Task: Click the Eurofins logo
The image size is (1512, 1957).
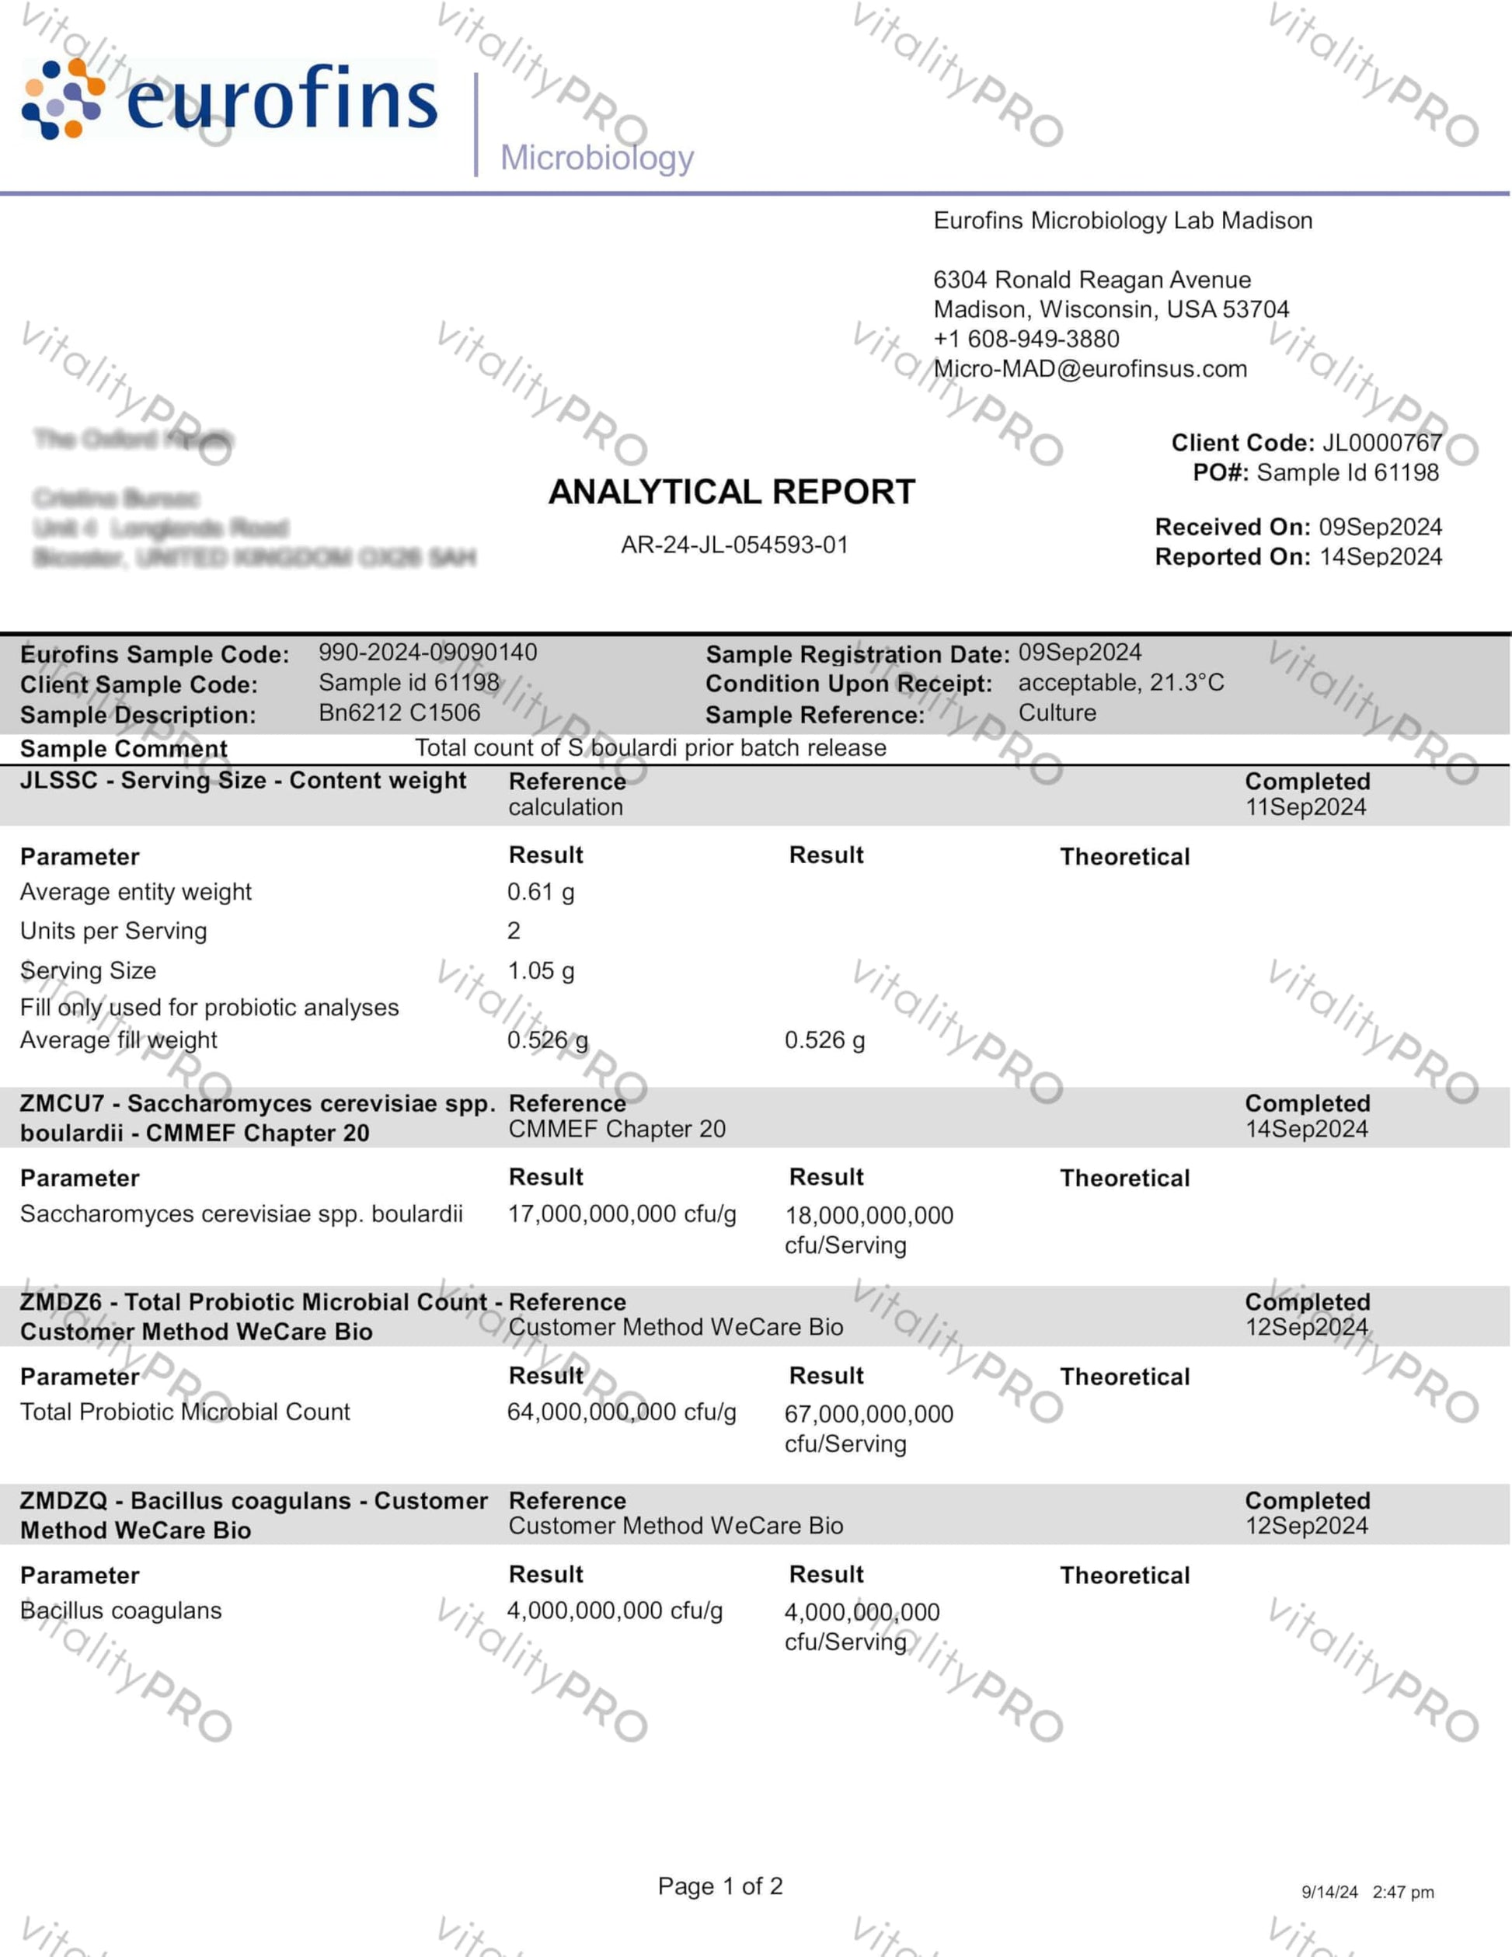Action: pos(229,99)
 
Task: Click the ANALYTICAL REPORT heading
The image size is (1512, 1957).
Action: pos(731,492)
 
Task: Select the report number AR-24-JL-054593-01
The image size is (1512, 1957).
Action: pos(734,545)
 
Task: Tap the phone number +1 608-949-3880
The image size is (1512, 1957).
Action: pos(1026,339)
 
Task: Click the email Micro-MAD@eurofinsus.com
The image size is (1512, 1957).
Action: pos(1090,368)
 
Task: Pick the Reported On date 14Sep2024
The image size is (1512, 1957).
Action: pos(1380,556)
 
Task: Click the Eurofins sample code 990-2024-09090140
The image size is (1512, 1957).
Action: pos(427,653)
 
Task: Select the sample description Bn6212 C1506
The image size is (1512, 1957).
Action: pos(399,712)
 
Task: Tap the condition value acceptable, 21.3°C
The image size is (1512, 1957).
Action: pos(1120,683)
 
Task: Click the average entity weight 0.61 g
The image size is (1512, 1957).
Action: pos(541,892)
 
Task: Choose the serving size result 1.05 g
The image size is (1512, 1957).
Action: pos(541,970)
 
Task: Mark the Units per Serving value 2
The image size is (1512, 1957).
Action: pos(514,931)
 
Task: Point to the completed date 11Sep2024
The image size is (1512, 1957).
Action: pos(1305,807)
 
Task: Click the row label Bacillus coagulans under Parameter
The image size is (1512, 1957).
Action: pos(121,1611)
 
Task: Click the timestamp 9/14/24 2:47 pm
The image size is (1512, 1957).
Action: pos(1367,1892)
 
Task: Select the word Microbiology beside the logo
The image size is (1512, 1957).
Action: pos(597,158)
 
